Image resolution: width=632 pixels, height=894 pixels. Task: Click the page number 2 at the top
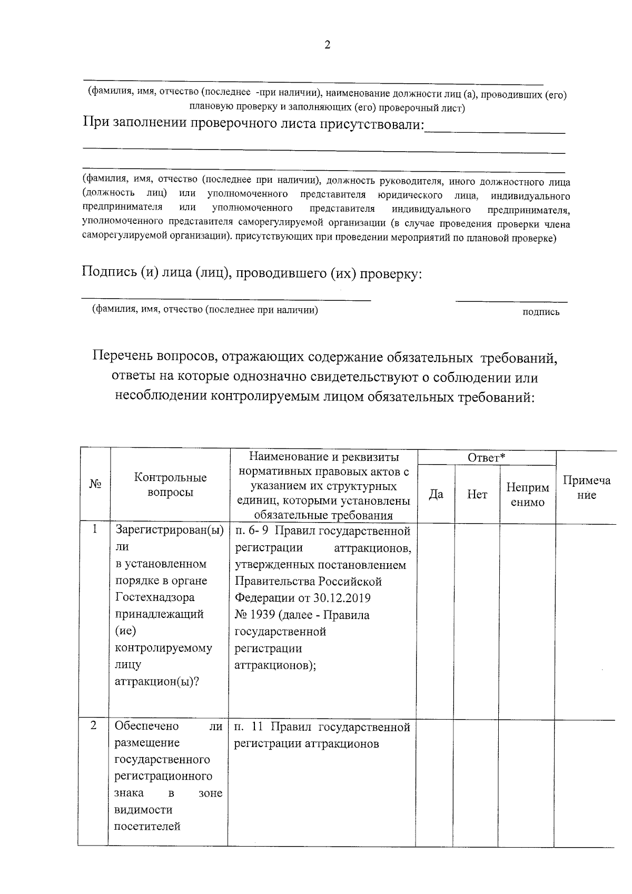tap(327, 46)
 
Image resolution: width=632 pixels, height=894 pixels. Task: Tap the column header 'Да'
tap(436, 494)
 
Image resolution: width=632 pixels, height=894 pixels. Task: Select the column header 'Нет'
tap(477, 494)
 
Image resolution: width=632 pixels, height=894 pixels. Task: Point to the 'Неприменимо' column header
tap(528, 495)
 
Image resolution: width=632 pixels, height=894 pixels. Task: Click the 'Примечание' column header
tap(587, 487)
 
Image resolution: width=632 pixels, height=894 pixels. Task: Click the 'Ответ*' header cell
tap(487, 458)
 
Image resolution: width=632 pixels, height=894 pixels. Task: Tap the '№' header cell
tap(95, 484)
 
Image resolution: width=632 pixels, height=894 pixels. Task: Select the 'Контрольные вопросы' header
tap(170, 485)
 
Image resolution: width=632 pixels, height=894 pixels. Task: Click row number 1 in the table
tap(95, 529)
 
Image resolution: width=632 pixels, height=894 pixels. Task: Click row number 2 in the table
tap(94, 725)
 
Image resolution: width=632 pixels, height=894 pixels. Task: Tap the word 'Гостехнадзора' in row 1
tap(155, 597)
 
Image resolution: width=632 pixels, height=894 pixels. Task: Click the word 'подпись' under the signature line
tap(540, 312)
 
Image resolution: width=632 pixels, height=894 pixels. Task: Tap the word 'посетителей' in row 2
tap(147, 826)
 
